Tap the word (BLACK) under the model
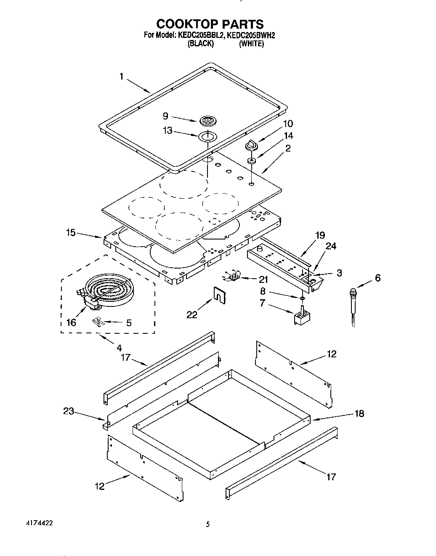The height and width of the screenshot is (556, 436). tap(201, 43)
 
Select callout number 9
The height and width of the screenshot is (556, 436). tap(165, 115)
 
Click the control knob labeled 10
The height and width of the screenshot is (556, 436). tap(251, 145)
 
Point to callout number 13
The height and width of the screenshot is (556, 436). tap(167, 131)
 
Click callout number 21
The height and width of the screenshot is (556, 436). tap(263, 279)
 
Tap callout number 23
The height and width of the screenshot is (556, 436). tap(69, 411)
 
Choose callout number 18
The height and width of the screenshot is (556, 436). tap(359, 413)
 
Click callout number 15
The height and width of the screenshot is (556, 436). tap(71, 232)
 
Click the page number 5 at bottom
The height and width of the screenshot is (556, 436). tap(207, 524)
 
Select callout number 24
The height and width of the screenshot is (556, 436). tap(331, 246)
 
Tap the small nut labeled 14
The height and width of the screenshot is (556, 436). tap(251, 160)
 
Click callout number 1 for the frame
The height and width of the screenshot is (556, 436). tap(121, 76)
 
